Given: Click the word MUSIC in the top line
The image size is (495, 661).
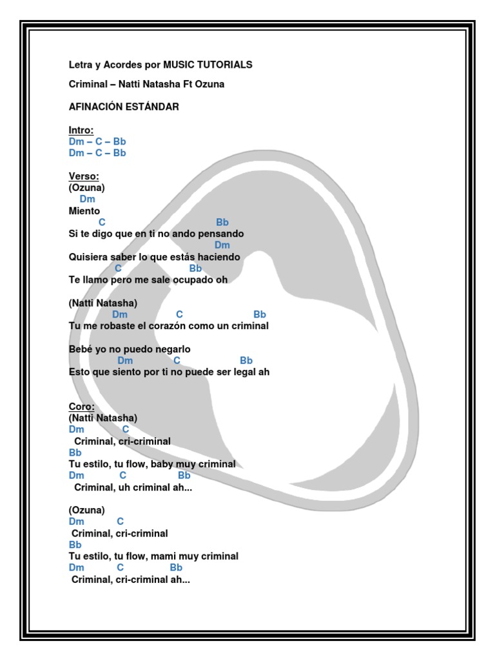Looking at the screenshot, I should click(178, 65).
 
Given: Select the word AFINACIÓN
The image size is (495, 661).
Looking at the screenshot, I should click(96, 107).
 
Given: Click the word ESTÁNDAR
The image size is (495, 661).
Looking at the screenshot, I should click(153, 107).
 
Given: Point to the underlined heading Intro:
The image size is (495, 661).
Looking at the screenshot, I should click(81, 130).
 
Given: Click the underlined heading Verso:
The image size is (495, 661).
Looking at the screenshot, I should click(84, 176).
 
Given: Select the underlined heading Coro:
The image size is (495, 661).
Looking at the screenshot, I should click(82, 407).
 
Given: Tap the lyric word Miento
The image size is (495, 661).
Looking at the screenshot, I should click(84, 211).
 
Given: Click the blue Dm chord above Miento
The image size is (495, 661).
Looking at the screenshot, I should click(88, 199).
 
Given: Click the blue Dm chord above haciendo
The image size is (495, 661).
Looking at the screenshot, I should click(222, 245).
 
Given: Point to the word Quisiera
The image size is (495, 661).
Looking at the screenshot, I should click(88, 257).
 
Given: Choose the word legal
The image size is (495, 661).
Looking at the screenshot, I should click(244, 372).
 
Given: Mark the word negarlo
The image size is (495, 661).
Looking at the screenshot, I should click(174, 349).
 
